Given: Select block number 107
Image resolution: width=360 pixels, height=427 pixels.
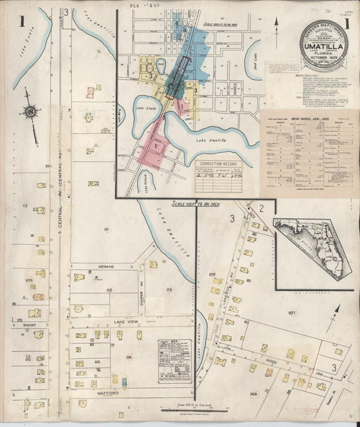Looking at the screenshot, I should coord(292,313).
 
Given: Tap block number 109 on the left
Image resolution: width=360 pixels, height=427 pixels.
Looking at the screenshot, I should coord(29,280).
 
